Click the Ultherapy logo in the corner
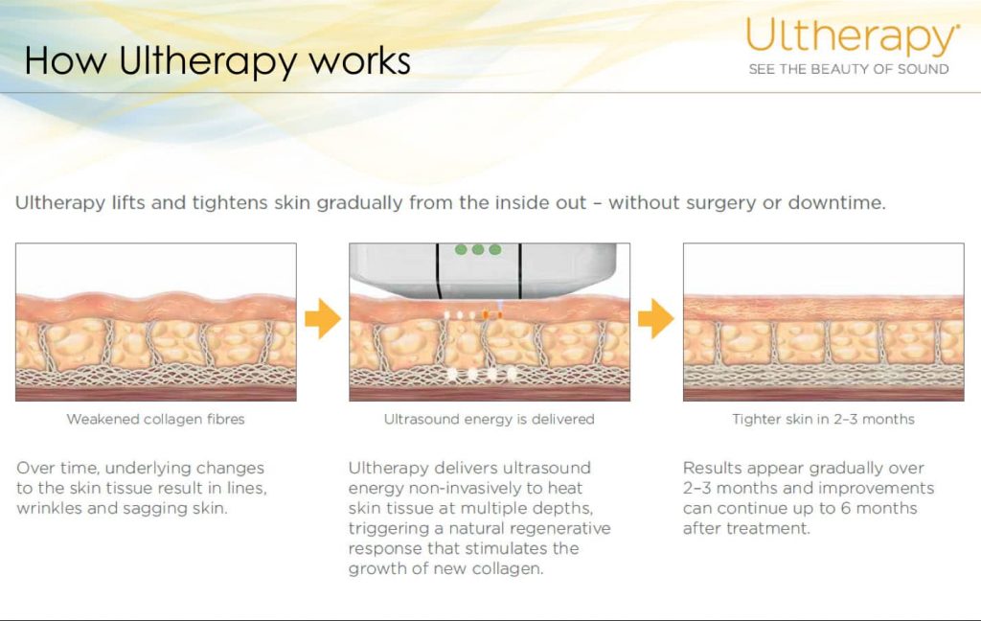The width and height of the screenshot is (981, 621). click(852, 36)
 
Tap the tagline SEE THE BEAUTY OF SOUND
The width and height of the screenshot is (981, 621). click(849, 70)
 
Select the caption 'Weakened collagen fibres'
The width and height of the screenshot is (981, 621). click(156, 419)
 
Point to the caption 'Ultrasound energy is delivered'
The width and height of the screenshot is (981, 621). click(490, 419)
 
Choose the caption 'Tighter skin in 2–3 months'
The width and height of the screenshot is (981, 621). click(823, 419)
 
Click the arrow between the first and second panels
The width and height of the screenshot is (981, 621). click(323, 318)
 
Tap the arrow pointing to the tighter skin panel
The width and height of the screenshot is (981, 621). click(656, 318)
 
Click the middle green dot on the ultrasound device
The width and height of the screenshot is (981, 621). click(478, 250)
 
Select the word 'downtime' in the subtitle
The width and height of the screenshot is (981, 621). click(836, 203)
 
